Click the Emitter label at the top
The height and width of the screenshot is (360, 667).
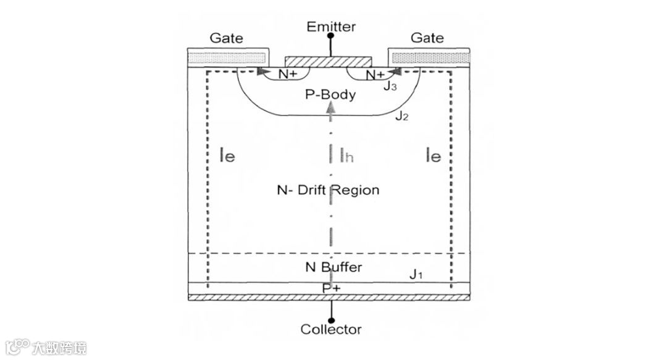pos(332,26)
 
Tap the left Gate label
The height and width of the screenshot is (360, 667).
pos(226,38)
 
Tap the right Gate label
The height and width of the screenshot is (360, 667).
pos(427,38)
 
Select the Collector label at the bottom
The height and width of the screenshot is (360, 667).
pos(331,329)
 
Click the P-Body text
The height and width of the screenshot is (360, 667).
pos(331,94)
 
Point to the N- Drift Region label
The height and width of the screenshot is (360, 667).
pos(327,190)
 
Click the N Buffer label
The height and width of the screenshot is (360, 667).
pos(333,267)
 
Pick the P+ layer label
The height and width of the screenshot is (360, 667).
pos(331,288)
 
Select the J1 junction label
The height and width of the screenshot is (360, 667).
pos(416,274)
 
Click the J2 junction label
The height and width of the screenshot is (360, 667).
pos(402,115)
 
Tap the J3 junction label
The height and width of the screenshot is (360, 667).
pos(390,86)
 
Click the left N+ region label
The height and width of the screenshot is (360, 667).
pos(287,75)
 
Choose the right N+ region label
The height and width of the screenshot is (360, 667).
pos(375,75)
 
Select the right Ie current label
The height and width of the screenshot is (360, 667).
pos(433,156)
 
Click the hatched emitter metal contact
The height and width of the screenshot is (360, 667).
pos(329,62)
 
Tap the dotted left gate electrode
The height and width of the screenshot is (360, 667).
pos(227,57)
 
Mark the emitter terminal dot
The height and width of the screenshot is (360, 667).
pos(331,36)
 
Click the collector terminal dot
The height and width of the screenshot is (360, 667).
pos(331,319)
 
